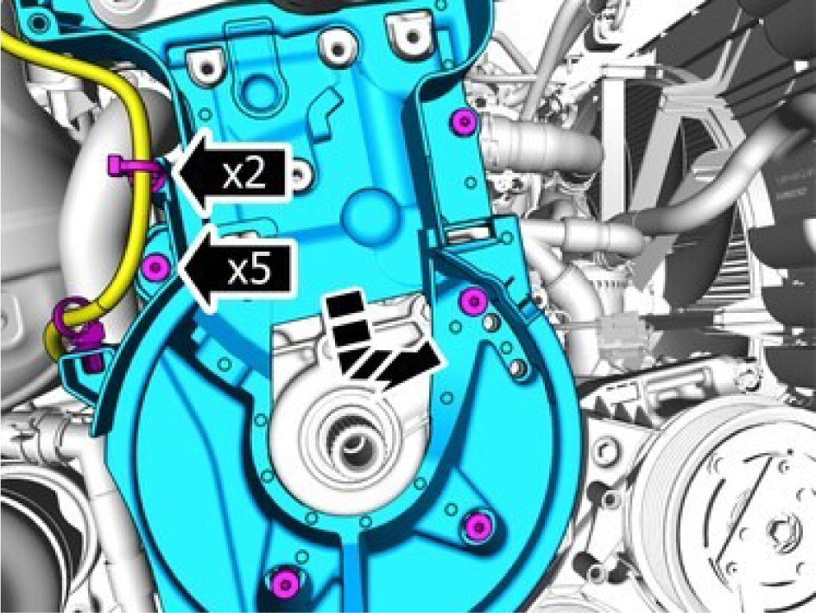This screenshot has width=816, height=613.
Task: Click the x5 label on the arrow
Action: (x=250, y=269)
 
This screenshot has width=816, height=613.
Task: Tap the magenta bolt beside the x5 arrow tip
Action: (x=155, y=268)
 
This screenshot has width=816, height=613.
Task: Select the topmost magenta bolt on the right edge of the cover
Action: (x=465, y=121)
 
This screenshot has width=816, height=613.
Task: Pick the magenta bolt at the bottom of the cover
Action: (x=285, y=584)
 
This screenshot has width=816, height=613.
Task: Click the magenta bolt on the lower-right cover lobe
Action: (x=478, y=527)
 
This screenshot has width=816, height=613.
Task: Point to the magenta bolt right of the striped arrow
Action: (x=473, y=301)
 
